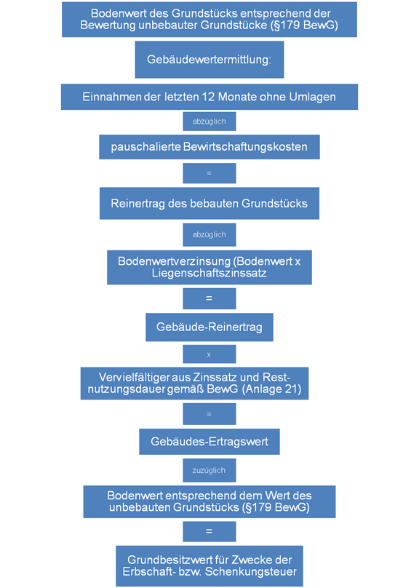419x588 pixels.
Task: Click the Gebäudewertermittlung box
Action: click(x=209, y=60)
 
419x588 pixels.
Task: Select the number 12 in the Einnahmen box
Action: click(x=208, y=97)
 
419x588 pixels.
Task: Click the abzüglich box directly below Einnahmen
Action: click(x=209, y=121)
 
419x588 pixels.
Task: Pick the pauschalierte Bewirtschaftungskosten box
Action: click(x=209, y=146)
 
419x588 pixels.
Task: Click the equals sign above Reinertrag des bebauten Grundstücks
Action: click(x=209, y=173)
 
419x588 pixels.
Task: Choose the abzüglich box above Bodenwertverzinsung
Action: click(x=209, y=234)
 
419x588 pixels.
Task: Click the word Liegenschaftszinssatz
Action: click(x=209, y=273)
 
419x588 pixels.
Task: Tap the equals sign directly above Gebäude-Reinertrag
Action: click(x=209, y=298)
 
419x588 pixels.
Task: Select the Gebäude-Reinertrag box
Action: click(x=209, y=327)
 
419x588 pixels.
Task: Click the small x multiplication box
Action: click(x=209, y=354)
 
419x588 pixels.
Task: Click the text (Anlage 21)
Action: click(x=272, y=389)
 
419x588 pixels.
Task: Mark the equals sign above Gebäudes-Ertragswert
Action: click(x=209, y=414)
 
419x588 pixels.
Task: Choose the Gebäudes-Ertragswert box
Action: click(x=209, y=442)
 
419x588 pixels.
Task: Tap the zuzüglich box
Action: click(x=209, y=470)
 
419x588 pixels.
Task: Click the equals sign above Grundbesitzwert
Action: click(x=209, y=531)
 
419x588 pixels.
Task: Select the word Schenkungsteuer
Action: click(x=251, y=571)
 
